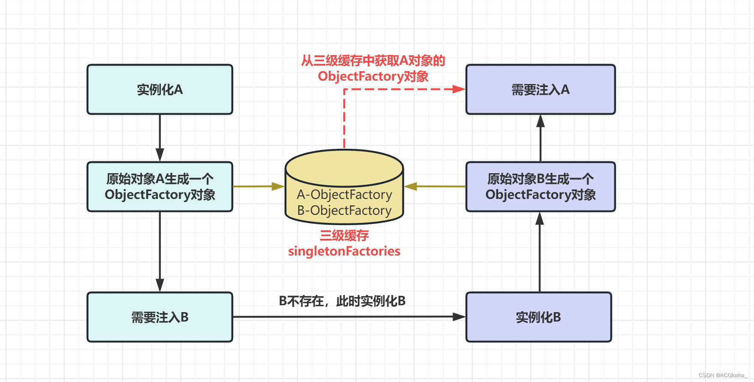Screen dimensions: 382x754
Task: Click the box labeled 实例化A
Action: pyautogui.click(x=159, y=90)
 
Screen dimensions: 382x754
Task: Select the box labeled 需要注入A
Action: pyautogui.click(x=540, y=90)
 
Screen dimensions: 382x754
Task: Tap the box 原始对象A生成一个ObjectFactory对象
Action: pyautogui.click(x=159, y=186)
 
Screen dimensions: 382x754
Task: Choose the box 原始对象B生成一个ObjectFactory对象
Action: pyautogui.click(x=540, y=186)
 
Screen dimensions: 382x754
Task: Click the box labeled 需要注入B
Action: pyautogui.click(x=159, y=317)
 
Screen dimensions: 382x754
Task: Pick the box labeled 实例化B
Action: pyautogui.click(x=538, y=317)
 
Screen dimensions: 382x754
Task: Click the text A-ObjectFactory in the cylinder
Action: pyautogui.click(x=344, y=195)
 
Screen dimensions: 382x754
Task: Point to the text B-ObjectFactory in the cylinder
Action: pyautogui.click(x=344, y=211)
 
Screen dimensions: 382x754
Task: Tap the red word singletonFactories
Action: pyautogui.click(x=344, y=251)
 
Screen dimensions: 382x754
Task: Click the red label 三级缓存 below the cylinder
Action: pyautogui.click(x=344, y=235)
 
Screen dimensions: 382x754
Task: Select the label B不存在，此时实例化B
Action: pyautogui.click(x=342, y=301)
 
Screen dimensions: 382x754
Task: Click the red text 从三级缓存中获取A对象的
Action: pyautogui.click(x=373, y=60)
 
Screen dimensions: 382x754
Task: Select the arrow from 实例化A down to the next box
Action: pyautogui.click(x=160, y=137)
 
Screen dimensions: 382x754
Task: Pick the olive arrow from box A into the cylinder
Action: pyautogui.click(x=257, y=186)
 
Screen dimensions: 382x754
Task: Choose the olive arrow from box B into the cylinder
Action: pyautogui.click(x=435, y=186)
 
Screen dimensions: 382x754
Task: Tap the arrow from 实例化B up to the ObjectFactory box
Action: pyautogui.click(x=540, y=253)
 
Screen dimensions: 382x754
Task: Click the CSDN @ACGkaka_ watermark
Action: pyautogui.click(x=723, y=375)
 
